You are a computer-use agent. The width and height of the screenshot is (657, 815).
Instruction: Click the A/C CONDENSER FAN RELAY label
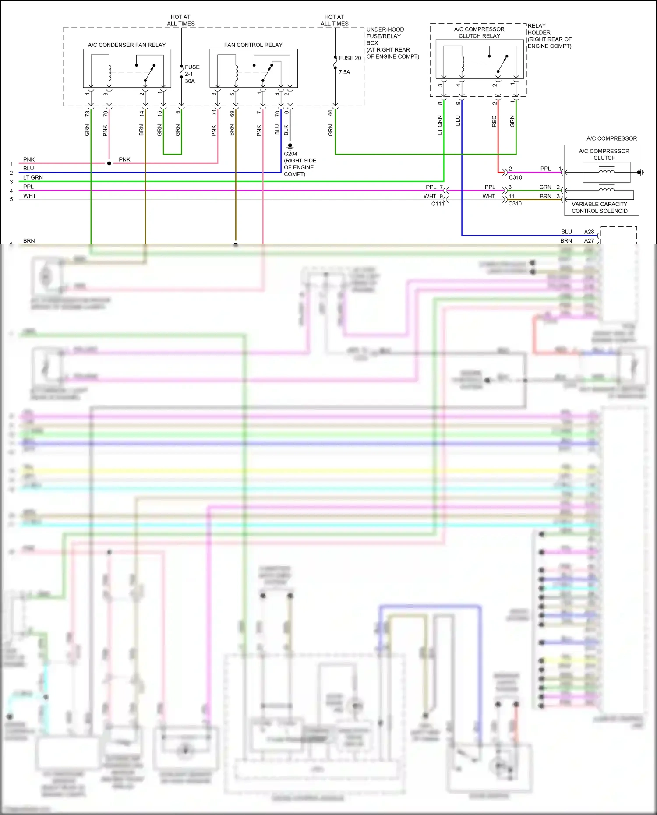tap(127, 45)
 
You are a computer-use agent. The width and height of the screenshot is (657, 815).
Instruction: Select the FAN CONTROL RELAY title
tap(253, 45)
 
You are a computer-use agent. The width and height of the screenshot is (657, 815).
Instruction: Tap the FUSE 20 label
tap(350, 58)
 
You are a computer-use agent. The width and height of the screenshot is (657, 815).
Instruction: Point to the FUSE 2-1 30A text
tap(192, 74)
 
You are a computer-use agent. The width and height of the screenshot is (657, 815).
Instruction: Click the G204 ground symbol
tap(290, 146)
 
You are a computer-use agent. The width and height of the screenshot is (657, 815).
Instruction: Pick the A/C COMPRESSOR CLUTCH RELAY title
tap(479, 32)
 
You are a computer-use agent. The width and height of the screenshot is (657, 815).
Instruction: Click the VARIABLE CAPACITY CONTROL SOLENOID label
tap(599, 208)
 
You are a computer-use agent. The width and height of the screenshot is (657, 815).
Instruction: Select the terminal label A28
tap(589, 232)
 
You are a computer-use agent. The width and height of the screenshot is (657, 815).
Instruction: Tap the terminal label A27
tap(589, 240)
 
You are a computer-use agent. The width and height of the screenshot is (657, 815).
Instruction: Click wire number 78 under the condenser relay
tap(87, 113)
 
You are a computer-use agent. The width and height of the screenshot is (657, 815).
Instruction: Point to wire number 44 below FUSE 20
tap(330, 113)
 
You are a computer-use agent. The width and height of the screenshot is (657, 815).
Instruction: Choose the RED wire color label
tap(494, 121)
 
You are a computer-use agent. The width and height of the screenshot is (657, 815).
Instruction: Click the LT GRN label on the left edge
tap(33, 177)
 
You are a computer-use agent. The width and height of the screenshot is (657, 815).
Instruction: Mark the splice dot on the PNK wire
tap(109, 163)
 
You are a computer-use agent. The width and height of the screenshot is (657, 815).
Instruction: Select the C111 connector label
tap(437, 204)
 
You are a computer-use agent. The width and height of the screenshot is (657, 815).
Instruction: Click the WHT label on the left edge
tap(29, 196)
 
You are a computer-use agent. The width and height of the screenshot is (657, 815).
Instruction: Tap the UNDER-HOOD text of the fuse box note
tap(385, 29)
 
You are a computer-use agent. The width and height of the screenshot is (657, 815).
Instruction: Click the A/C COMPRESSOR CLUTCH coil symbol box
tap(606, 172)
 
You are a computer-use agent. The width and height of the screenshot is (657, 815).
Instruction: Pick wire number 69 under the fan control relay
tap(232, 113)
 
